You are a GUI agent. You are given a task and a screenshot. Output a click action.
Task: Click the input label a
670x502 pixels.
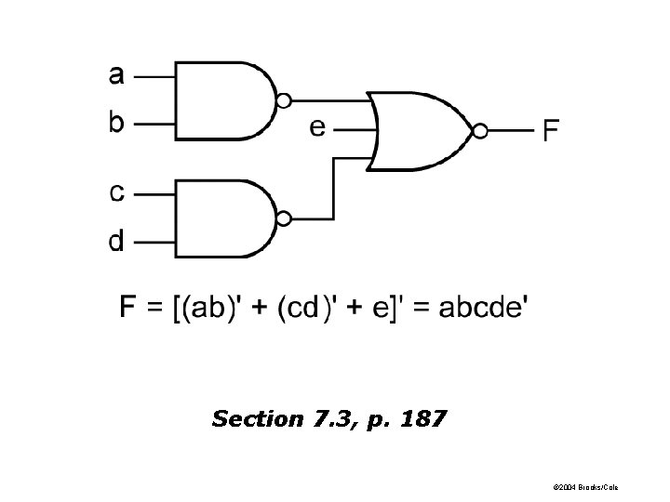tap(116, 74)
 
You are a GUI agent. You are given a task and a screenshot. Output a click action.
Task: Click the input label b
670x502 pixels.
tap(116, 121)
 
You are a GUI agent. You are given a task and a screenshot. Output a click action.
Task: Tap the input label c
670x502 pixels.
tap(116, 193)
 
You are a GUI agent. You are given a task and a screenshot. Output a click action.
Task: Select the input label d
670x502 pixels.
tap(116, 241)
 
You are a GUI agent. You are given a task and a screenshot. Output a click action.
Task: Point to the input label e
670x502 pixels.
tap(318, 127)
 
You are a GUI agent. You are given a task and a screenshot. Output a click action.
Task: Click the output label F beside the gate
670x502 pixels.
tap(551, 131)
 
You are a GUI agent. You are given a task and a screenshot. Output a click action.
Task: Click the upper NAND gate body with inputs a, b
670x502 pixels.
tap(223, 100)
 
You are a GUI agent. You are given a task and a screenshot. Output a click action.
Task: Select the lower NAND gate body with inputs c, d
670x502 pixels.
tap(223, 218)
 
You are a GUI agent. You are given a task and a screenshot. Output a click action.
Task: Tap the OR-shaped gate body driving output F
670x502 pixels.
tap(419, 130)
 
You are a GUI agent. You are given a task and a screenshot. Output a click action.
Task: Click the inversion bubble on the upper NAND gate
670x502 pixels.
tap(285, 100)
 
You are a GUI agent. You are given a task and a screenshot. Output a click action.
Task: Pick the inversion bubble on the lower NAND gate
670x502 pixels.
tap(285, 218)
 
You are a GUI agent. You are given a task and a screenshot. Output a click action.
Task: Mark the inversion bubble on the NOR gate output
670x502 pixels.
tap(480, 131)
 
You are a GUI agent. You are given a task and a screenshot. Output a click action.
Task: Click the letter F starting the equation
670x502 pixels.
tap(129, 308)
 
